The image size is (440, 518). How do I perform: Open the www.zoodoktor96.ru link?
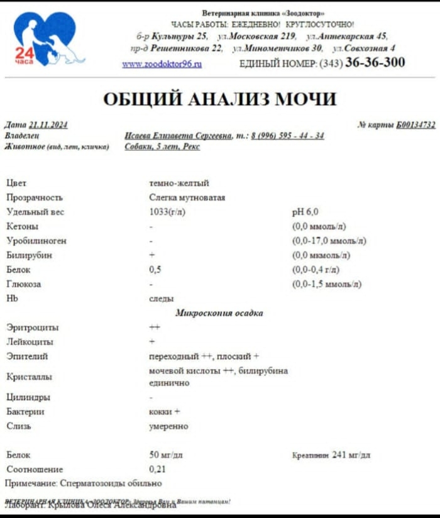pos(162,64)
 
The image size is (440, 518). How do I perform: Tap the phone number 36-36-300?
pos(375,63)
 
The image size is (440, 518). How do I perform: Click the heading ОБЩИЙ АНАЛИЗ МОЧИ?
pos(219,99)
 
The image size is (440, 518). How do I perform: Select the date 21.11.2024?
pos(48,125)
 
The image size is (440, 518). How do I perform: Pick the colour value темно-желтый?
pos(179,184)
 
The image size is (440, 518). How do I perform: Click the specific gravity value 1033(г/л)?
pos(167,212)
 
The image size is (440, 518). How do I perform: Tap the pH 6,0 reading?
pos(305,212)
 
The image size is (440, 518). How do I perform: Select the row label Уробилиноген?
pos(36,241)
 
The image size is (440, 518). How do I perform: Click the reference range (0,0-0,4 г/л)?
pos(316,270)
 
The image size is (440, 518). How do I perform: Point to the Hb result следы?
pos(162,299)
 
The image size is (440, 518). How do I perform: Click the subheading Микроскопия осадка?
pos(219,313)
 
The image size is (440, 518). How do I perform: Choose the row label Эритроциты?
pos(33,328)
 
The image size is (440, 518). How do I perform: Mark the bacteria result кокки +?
pos(165,412)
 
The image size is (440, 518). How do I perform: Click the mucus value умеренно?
pos(168,426)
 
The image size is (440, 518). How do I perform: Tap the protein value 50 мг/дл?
pos(166,455)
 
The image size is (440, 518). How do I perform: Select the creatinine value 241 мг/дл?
pos(351,455)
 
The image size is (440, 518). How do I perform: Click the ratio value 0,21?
pos(158,469)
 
